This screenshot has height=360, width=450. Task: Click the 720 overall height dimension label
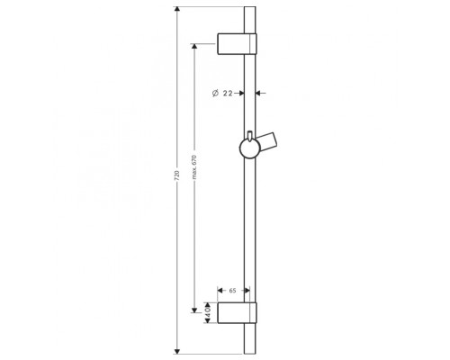point(177,175)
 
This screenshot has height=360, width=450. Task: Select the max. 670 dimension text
point(194,167)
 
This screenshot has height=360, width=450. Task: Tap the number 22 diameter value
point(228,94)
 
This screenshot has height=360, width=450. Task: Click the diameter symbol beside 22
point(215,94)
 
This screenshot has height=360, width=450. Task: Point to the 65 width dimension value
point(232,291)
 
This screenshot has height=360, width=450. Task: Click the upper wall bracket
point(237,44)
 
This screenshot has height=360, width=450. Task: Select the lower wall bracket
point(237,313)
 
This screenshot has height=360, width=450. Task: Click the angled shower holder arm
point(268,142)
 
